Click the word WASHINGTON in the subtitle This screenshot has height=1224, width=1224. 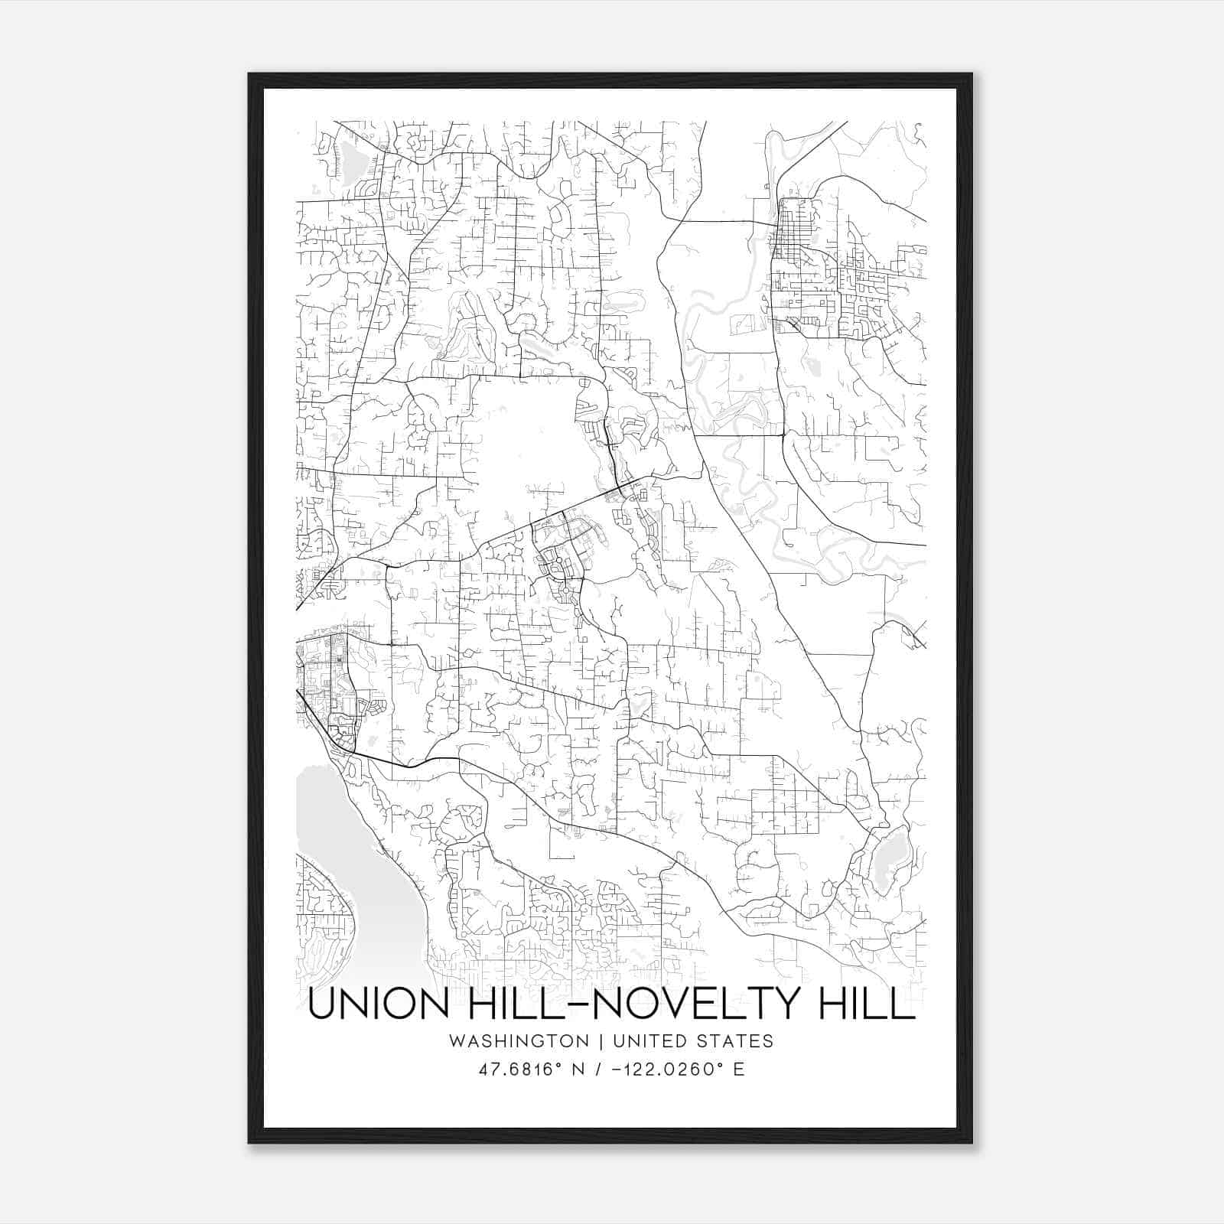[x=519, y=1041]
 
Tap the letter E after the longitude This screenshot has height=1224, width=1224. [x=738, y=1069]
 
